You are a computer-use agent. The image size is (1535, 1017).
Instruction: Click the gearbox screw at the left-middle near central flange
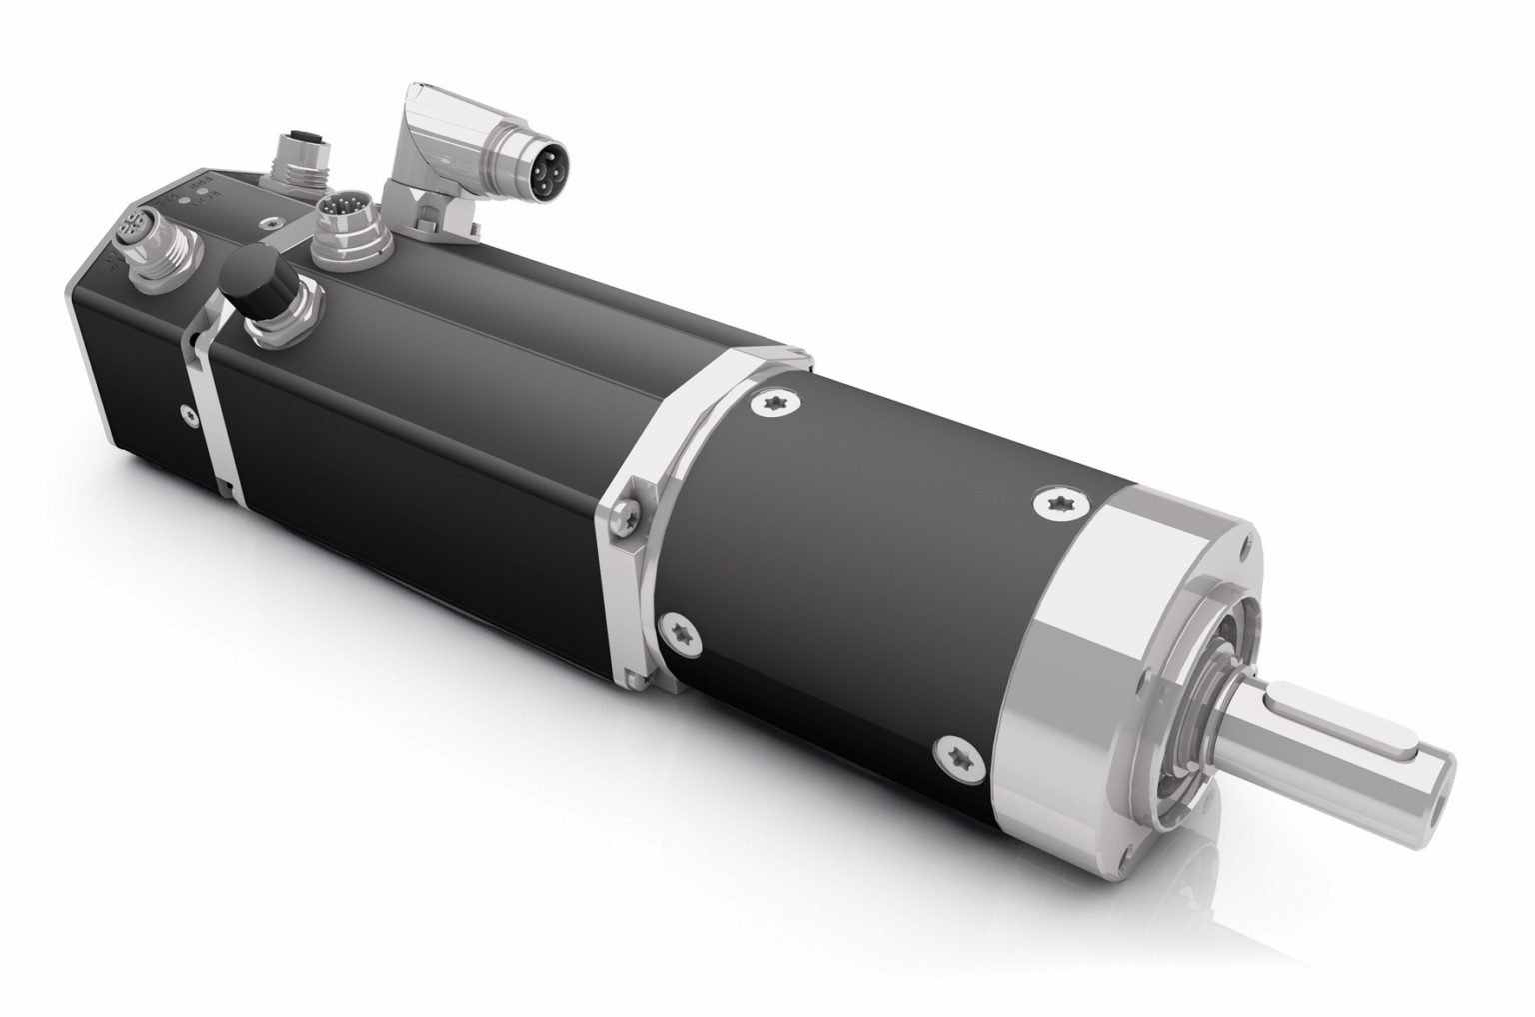tap(681, 626)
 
